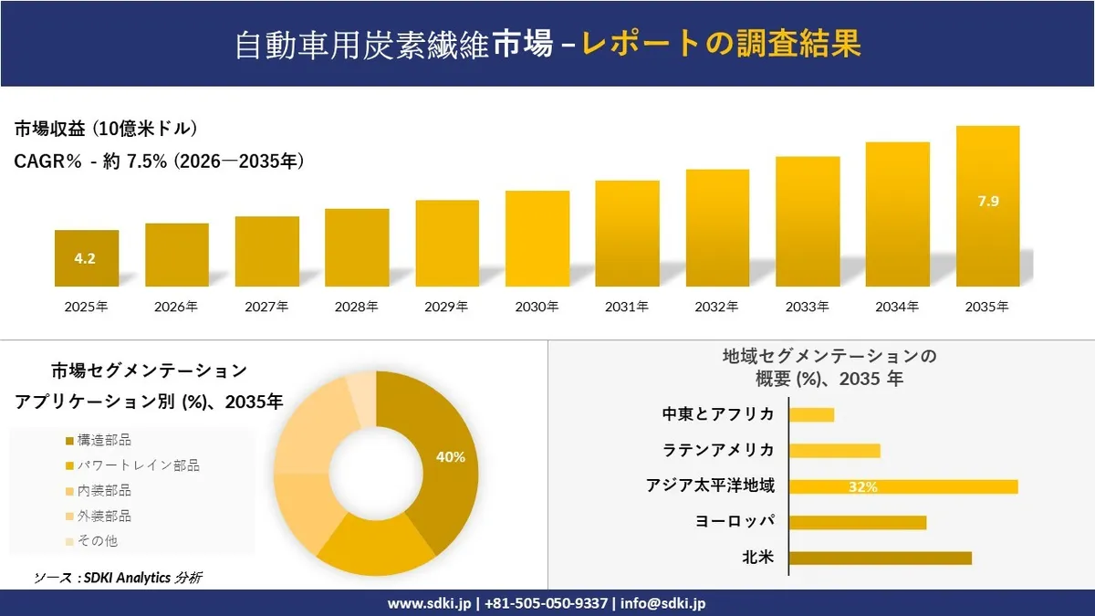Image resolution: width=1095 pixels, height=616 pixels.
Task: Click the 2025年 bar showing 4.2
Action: click(86, 258)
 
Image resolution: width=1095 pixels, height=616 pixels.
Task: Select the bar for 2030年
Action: click(537, 238)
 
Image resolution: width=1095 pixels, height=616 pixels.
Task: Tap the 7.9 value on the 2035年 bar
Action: click(987, 202)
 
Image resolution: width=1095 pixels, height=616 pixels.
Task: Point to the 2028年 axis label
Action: click(356, 308)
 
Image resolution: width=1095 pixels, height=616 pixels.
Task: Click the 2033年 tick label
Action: click(807, 308)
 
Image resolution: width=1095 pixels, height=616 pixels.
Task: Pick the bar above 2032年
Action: click(717, 227)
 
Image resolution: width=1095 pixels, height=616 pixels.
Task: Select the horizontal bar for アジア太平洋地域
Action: click(902, 486)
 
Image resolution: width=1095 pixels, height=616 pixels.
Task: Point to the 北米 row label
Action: click(758, 558)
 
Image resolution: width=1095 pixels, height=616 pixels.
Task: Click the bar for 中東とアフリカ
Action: click(811, 415)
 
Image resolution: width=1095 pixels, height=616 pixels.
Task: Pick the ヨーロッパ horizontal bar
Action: click(857, 522)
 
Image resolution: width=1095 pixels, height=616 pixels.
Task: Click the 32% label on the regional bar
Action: click(862, 487)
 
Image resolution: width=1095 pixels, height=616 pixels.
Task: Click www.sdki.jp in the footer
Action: click(429, 603)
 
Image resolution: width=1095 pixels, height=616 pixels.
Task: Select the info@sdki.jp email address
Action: click(662, 603)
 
